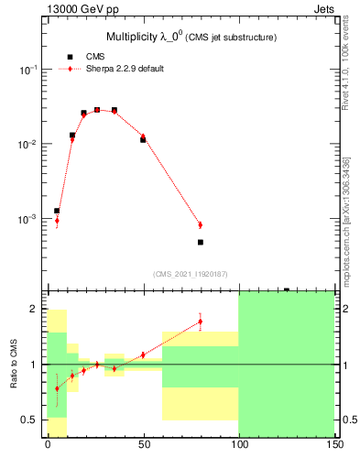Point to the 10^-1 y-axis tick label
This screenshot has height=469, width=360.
coord(28,71)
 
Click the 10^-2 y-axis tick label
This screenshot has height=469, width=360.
coord(28,145)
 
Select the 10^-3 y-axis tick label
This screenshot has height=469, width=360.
coord(28,220)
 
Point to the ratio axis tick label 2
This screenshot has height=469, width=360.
coord(34,310)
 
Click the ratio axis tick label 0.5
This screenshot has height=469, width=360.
coord(30,420)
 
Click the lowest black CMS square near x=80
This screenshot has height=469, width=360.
coord(200,243)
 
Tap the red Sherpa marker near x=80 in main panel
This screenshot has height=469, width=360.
coord(200,224)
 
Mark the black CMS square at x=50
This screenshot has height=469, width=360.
coord(143,140)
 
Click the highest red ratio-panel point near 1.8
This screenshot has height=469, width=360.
coord(200,321)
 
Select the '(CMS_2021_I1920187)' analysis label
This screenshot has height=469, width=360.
coord(191,273)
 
